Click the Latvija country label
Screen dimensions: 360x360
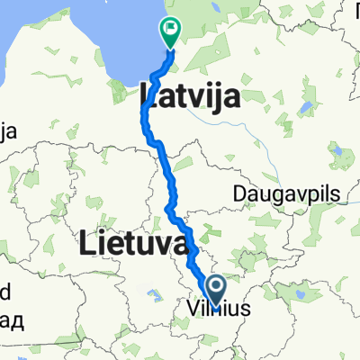click(190, 95)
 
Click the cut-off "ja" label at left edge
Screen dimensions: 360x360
click(8, 131)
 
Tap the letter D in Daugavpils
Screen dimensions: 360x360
click(238, 193)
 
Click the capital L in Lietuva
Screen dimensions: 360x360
click(88, 242)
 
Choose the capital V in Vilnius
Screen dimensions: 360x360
click(193, 310)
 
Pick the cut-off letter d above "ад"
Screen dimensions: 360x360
click(4, 293)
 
